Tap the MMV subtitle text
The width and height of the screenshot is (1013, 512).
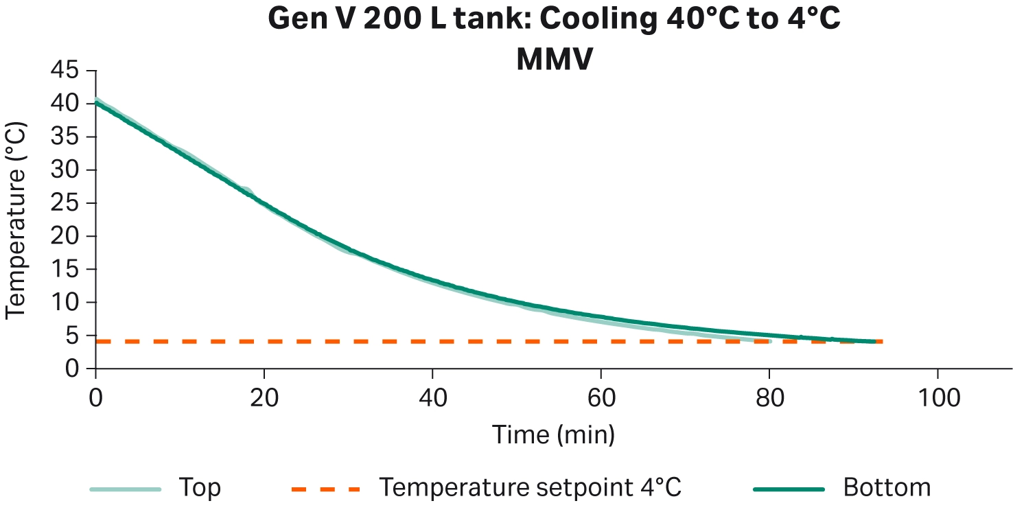[554, 60]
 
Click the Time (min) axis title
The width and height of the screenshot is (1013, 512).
[553, 434]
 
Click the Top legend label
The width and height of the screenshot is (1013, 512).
[200, 488]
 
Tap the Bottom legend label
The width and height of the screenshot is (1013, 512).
[887, 488]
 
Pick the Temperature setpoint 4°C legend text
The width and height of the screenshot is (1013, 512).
[531, 488]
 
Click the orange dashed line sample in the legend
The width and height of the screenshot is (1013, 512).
[325, 489]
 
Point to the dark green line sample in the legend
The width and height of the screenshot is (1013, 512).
[789, 489]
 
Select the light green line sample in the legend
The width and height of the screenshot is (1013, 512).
[125, 489]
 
